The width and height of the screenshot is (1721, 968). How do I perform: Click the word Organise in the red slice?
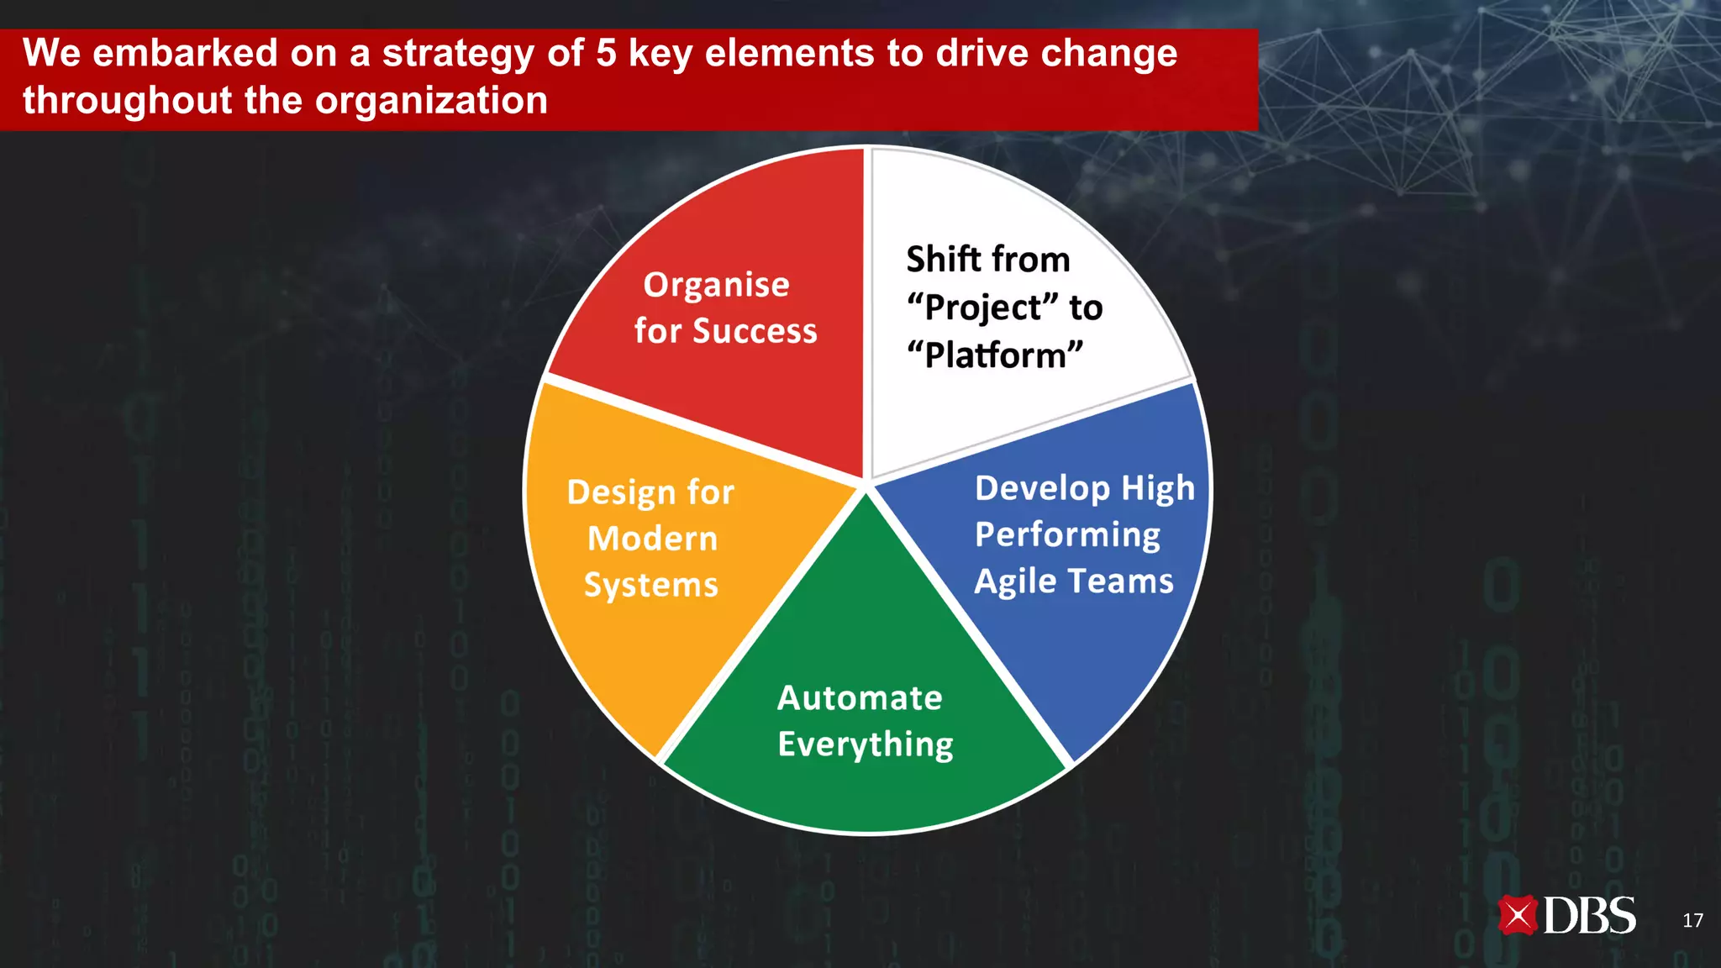(716, 286)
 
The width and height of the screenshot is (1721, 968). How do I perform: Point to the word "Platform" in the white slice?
(995, 355)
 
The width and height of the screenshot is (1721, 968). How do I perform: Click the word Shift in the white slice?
(941, 259)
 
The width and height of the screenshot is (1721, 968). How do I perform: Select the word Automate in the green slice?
(860, 698)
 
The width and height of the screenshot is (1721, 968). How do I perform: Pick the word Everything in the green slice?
(866, 745)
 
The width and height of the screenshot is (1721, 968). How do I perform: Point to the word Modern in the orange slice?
(653, 539)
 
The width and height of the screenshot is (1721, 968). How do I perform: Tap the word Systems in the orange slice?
(651, 586)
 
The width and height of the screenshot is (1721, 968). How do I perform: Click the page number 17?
(1692, 920)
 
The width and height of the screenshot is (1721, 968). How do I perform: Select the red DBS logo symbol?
(1518, 915)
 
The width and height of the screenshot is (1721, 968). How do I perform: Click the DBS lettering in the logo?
(1590, 915)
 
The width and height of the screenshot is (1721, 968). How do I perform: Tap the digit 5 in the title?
(606, 54)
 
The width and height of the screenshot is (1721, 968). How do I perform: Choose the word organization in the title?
(431, 102)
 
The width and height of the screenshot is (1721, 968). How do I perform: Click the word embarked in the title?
(185, 54)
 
